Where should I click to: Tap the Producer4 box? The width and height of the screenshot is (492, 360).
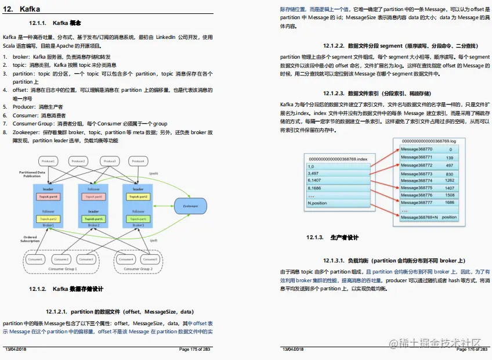[138, 161]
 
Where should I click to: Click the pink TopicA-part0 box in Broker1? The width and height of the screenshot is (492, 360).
[48, 197]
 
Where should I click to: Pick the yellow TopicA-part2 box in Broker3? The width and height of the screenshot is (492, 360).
[138, 219]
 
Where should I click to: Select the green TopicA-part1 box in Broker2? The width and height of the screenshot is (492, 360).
[93, 219]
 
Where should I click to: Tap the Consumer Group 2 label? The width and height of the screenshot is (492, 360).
[139, 269]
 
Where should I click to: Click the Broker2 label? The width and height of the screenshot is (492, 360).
[93, 225]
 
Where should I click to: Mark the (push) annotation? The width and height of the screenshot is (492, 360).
[154, 173]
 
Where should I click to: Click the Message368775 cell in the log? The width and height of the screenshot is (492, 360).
[417, 188]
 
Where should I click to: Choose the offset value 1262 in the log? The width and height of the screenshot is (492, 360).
[449, 180]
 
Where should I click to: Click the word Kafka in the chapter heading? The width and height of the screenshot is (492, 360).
[30, 8]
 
